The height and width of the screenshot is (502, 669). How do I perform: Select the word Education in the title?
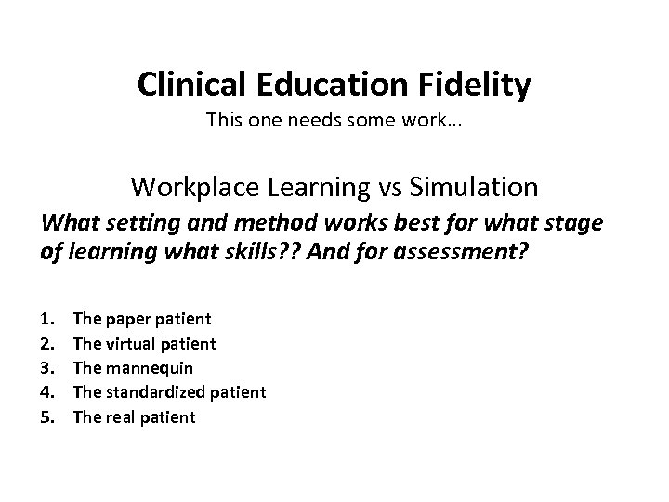click(323, 85)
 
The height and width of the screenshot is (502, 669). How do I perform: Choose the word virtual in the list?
click(134, 345)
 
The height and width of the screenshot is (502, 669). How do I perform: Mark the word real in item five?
click(121, 416)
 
